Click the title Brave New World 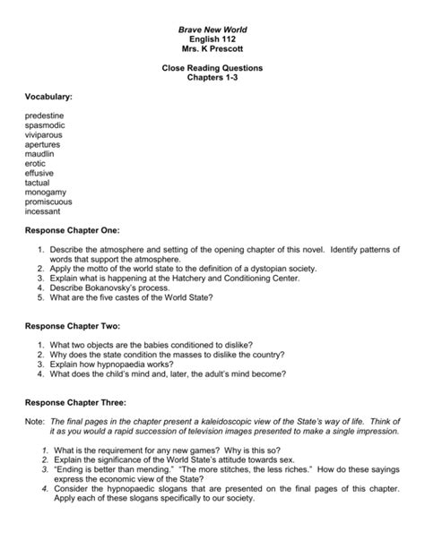pyautogui.click(x=212, y=30)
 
